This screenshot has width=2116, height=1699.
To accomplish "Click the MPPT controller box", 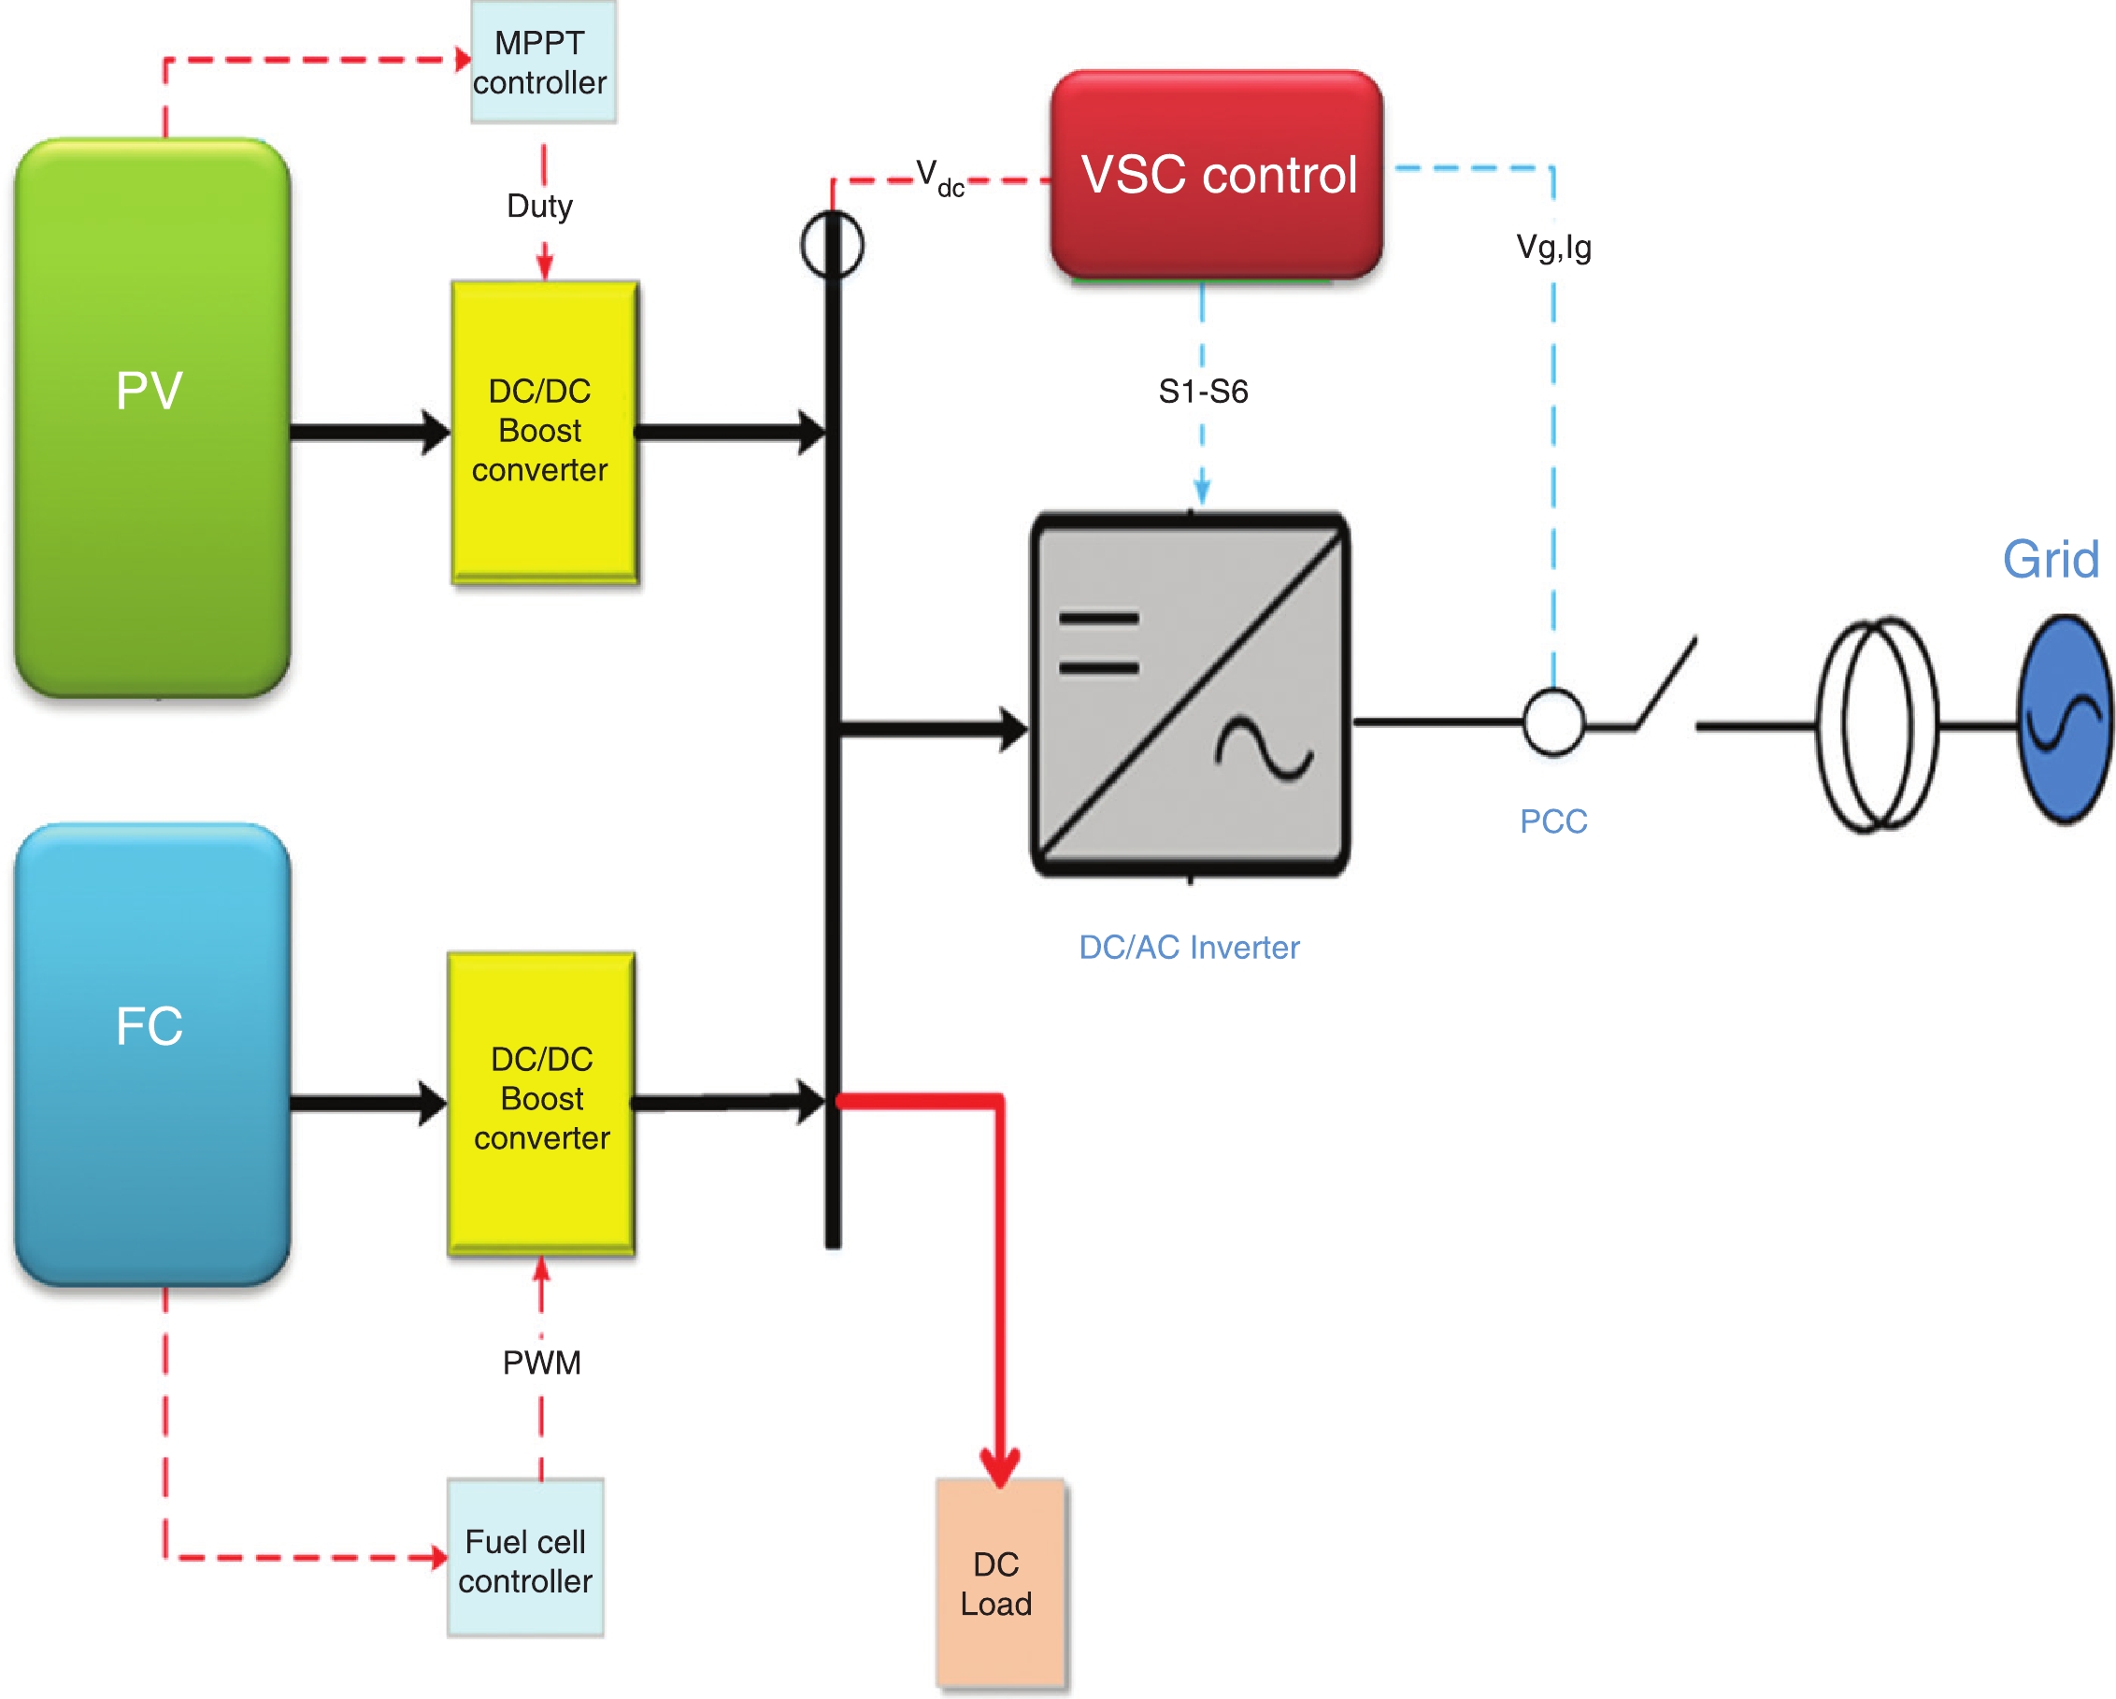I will point(543,62).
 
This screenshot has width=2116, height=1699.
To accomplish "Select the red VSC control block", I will point(1217,175).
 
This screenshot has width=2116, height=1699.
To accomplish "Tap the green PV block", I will point(152,417).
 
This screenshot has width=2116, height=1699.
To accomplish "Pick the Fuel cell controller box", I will point(525,1558).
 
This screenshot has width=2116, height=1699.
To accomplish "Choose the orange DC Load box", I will point(999,1584).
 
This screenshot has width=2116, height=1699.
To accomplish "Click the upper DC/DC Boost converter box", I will point(545,432).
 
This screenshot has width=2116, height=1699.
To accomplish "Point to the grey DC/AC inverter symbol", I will point(1191,694).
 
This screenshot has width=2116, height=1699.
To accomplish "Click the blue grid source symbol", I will point(2064,719).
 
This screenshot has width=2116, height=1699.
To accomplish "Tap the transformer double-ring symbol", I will point(1878,724).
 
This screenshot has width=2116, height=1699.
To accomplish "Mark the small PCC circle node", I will point(1552,723).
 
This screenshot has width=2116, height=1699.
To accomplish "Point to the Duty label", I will point(540,207).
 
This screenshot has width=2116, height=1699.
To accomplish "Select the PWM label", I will point(542,1363).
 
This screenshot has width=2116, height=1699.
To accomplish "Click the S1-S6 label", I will point(1203,392).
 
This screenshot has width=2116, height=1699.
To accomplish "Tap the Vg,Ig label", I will point(1553,248).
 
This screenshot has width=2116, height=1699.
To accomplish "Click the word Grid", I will point(2052,560).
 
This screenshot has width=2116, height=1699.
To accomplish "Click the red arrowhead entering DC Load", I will point(1000,1466).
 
